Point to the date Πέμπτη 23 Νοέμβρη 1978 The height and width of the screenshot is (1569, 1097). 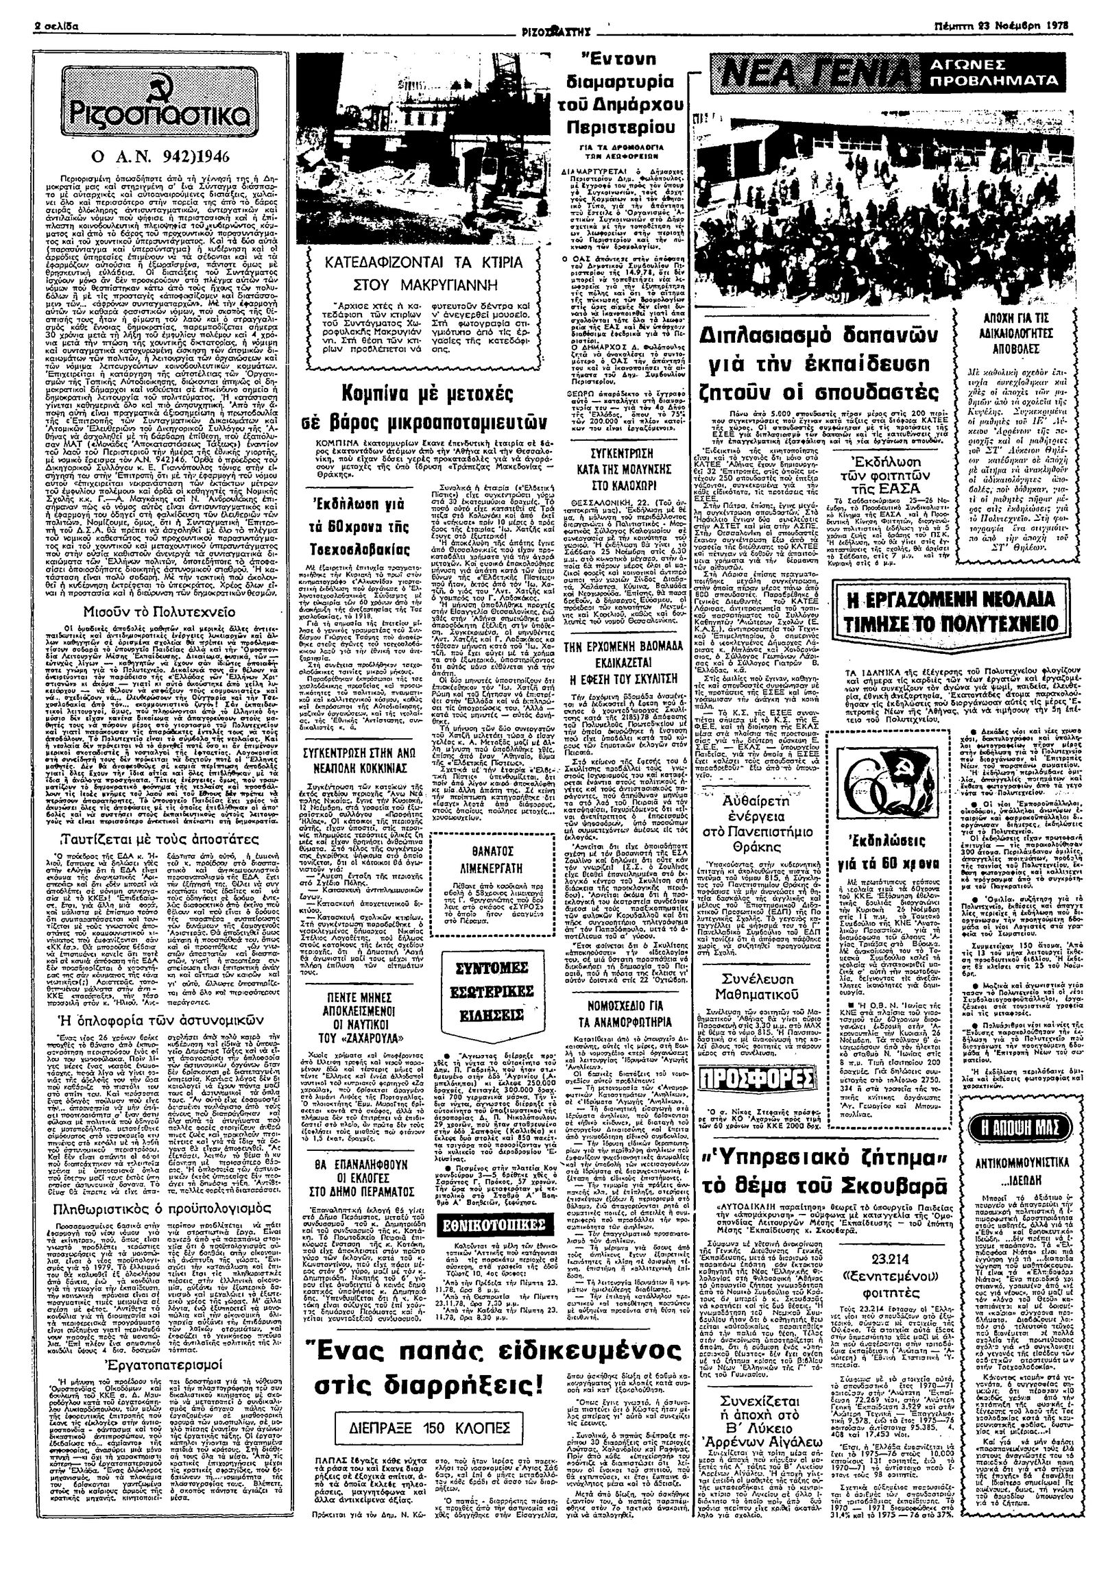tap(1014, 25)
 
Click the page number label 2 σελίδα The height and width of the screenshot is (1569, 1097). tap(58, 25)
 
